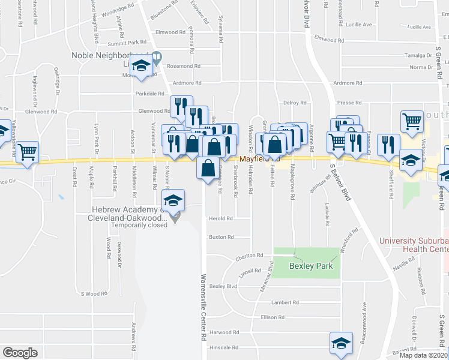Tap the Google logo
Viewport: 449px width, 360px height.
tap(20, 353)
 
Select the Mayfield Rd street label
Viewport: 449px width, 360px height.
tap(259, 159)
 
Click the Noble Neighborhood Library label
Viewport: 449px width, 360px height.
tap(111, 55)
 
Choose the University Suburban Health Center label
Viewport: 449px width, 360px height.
tap(414, 245)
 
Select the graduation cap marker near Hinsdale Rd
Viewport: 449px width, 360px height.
tap(341, 343)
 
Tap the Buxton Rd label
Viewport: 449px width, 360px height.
tap(221, 237)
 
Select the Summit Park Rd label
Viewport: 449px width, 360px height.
tap(127, 42)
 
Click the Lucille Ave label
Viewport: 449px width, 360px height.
tap(359, 26)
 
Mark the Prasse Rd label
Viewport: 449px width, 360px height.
tap(349, 103)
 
